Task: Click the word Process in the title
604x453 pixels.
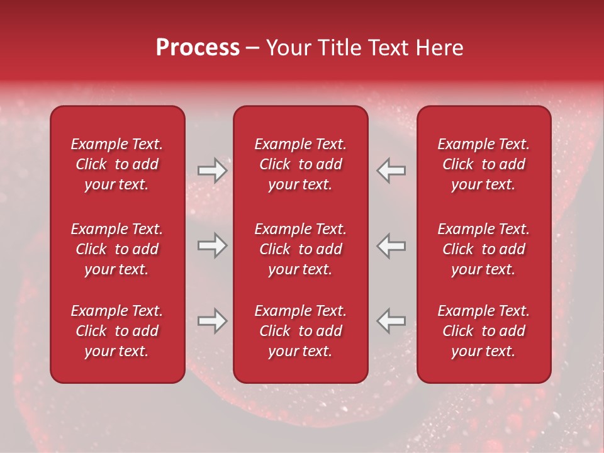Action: click(x=198, y=48)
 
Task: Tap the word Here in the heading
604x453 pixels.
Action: click(x=439, y=48)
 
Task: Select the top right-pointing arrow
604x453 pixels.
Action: click(x=213, y=171)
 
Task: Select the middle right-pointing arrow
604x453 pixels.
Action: click(x=213, y=245)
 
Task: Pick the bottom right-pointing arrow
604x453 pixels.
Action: click(x=213, y=321)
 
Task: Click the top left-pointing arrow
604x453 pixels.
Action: click(x=391, y=171)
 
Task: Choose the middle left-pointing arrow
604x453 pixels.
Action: click(x=391, y=245)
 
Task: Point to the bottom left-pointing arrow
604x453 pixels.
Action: click(x=391, y=321)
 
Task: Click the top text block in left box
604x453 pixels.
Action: click(x=117, y=164)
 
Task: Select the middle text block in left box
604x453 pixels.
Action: click(x=117, y=249)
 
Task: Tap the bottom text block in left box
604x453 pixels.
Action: click(x=117, y=331)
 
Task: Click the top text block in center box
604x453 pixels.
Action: click(x=301, y=164)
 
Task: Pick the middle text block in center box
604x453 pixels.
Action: click(x=301, y=249)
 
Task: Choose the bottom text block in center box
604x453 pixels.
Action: click(x=301, y=331)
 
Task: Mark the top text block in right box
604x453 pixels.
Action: click(x=484, y=164)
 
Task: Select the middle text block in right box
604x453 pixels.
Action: click(x=484, y=249)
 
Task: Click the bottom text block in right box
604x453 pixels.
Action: click(x=484, y=331)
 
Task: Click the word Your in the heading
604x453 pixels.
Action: click(x=288, y=48)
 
